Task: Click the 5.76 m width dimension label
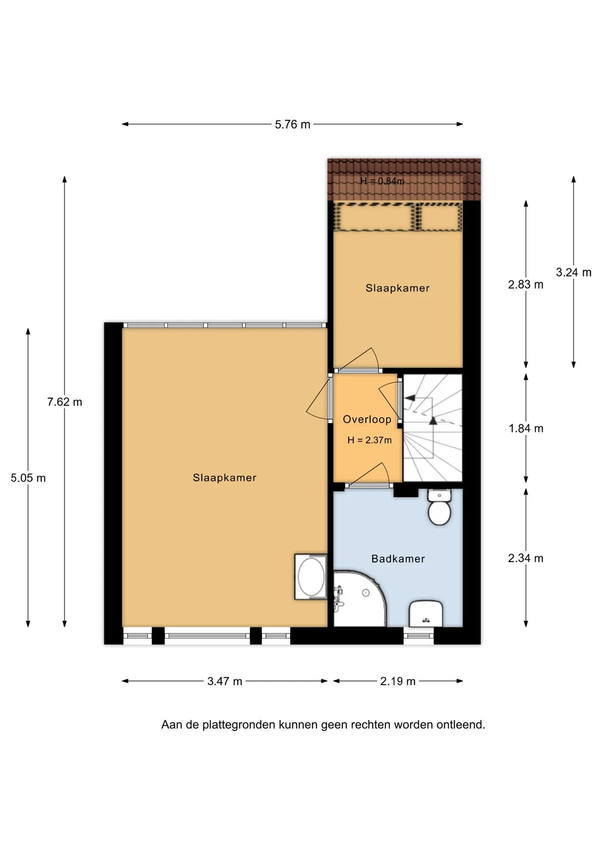point(293,125)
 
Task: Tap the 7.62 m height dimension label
point(65,402)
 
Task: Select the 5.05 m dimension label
point(28,478)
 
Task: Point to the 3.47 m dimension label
point(225,681)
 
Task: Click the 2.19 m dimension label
point(398,681)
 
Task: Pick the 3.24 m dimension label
point(574,273)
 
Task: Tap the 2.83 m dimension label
point(526,285)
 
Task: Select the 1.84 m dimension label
point(526,429)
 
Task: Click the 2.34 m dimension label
point(526,558)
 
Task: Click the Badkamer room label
point(398,559)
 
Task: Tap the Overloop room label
point(367,419)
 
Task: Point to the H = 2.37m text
point(370,440)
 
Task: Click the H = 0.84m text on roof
point(382,181)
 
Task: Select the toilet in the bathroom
point(439,507)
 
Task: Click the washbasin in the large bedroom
point(311,577)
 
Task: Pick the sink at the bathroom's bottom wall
point(426,614)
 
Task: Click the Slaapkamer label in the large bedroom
point(225,478)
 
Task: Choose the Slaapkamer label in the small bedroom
point(398,288)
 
